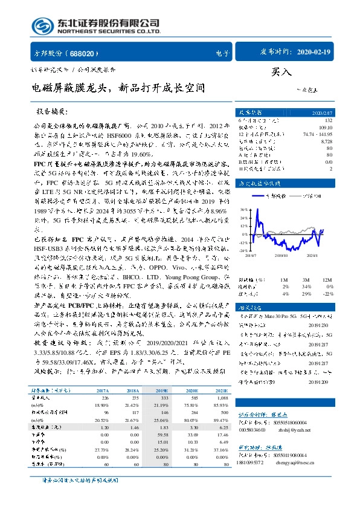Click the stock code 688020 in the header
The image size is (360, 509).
(78, 54)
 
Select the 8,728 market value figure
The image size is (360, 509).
(326, 141)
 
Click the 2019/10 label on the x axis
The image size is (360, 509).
(281, 256)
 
